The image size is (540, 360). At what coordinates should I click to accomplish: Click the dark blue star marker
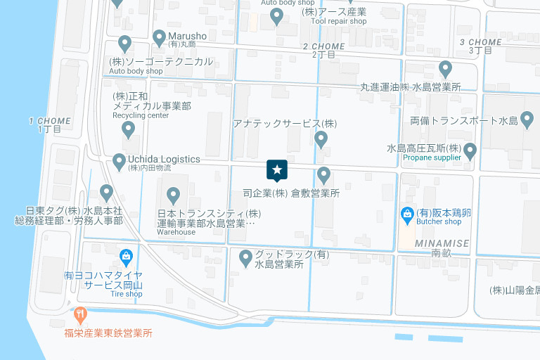277,170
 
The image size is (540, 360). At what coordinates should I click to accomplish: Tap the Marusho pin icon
159,37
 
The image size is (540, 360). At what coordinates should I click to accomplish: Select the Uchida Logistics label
163,160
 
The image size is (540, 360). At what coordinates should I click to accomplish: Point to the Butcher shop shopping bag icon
406,214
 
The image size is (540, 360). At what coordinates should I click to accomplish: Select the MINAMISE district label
442,243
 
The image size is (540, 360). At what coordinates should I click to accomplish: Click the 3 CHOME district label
480,42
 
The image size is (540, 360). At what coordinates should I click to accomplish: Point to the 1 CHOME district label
50,121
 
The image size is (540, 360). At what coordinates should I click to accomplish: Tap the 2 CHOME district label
323,46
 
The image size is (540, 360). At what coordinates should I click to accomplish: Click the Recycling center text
141,115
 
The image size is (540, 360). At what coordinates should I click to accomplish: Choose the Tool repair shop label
339,21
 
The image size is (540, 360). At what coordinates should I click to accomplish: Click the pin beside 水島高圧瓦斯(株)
470,150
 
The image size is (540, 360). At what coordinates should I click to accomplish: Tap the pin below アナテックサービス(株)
321,139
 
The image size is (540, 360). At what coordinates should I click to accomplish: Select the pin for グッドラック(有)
246,258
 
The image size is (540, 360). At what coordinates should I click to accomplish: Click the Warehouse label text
176,232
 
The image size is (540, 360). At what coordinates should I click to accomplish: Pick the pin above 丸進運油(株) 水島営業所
445,69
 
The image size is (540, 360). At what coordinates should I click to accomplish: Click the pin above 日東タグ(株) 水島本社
107,191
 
